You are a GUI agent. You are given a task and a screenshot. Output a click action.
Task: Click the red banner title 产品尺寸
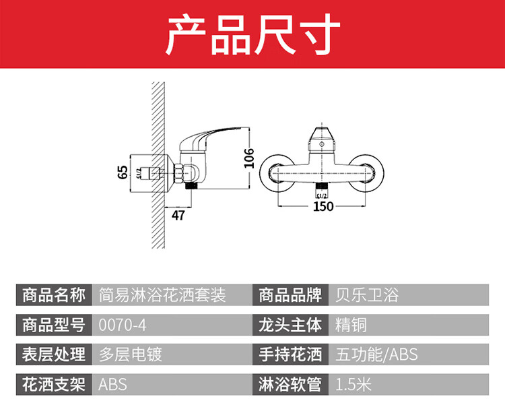click(252, 34)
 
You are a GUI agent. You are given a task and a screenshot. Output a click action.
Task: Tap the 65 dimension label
click(123, 172)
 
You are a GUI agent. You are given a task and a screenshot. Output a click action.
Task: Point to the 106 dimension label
click(248, 158)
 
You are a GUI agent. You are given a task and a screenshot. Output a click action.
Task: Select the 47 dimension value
click(178, 216)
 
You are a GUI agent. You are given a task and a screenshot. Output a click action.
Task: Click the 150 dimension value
click(323, 206)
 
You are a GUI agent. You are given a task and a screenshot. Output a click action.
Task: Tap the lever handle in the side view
click(209, 137)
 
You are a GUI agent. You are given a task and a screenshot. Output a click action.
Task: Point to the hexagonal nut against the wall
click(178, 173)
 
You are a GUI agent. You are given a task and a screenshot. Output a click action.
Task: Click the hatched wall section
click(158, 165)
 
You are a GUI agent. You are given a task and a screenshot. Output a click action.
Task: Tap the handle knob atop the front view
click(322, 139)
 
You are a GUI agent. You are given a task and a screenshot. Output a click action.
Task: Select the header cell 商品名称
click(54, 295)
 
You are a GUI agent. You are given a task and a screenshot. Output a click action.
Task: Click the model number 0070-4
click(123, 325)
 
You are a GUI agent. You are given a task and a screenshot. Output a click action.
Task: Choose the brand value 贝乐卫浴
click(367, 295)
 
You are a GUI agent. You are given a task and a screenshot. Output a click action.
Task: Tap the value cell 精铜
click(351, 325)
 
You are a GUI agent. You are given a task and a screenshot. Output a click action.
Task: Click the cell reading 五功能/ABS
click(376, 354)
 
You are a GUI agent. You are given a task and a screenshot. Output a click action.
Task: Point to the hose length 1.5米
click(353, 385)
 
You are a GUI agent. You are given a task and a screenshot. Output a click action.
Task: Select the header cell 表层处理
click(54, 354)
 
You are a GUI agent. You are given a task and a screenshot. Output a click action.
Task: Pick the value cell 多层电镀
click(130, 354)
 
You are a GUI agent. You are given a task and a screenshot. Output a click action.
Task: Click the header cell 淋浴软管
click(290, 385)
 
